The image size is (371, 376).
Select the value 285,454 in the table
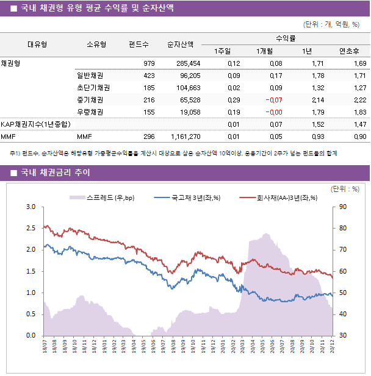tap(187, 63)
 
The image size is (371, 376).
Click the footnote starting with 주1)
tap(173, 154)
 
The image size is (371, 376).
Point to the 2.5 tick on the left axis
tap(31, 229)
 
